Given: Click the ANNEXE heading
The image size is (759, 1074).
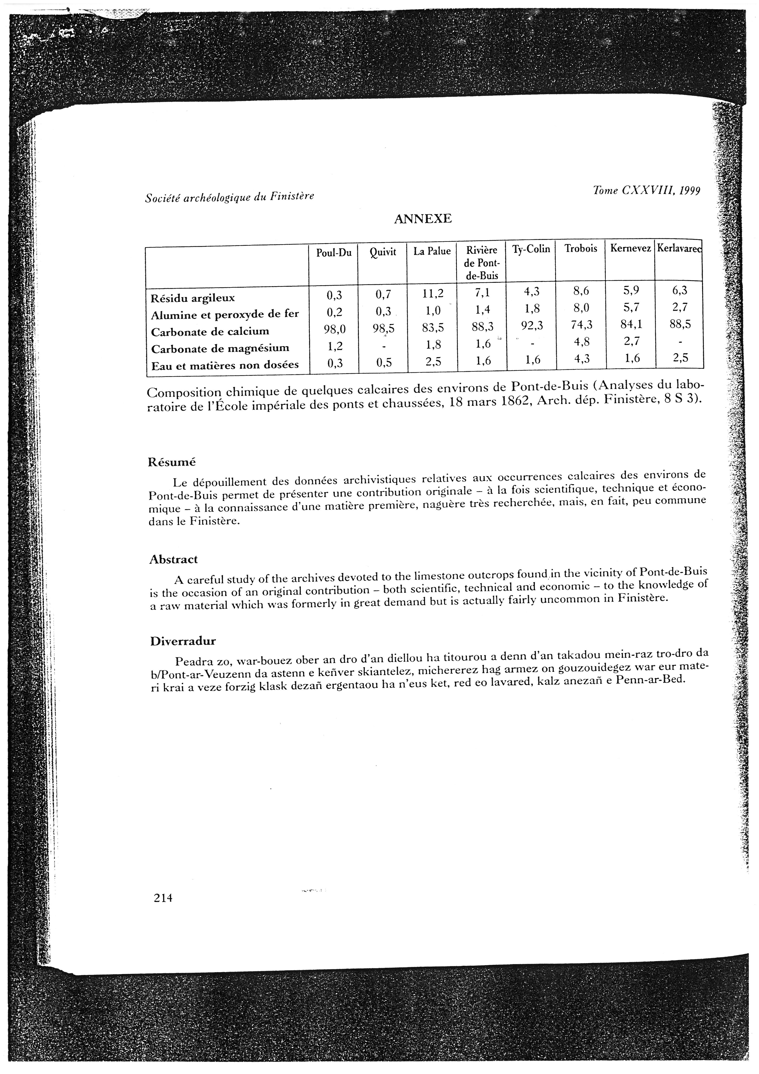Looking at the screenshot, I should [423, 219].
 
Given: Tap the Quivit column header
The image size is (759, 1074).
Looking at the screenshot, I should [382, 253].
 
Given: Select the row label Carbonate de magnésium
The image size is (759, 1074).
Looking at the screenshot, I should [220, 348].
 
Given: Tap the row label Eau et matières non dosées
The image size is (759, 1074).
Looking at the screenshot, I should [225, 365].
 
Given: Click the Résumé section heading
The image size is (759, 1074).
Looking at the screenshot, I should [172, 462].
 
